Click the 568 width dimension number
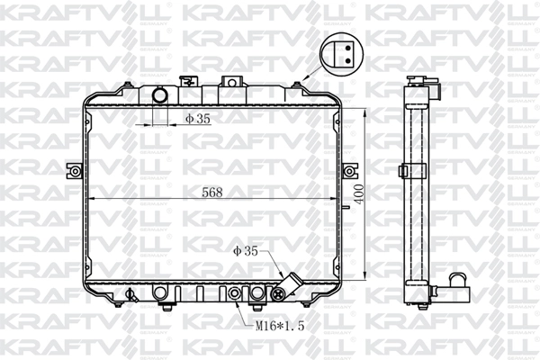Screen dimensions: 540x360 (x=212, y=193)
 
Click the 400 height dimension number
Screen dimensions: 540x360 (x=359, y=194)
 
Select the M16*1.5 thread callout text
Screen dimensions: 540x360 (x=280, y=326)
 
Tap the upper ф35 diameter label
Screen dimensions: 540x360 (x=198, y=119)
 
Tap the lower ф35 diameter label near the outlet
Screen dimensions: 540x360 (x=245, y=251)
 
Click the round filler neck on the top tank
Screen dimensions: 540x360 (x=160, y=95)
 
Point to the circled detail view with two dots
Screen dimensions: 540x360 (x=341, y=55)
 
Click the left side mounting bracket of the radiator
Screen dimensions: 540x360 (x=75, y=170)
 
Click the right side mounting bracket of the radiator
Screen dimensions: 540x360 (x=348, y=170)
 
